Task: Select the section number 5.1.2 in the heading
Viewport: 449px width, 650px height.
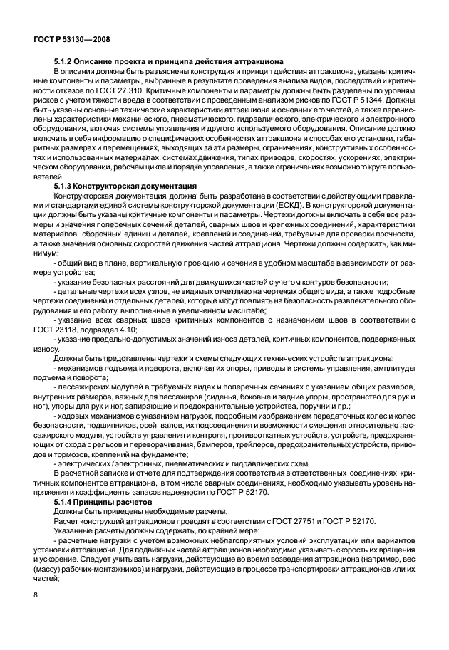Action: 64,62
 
